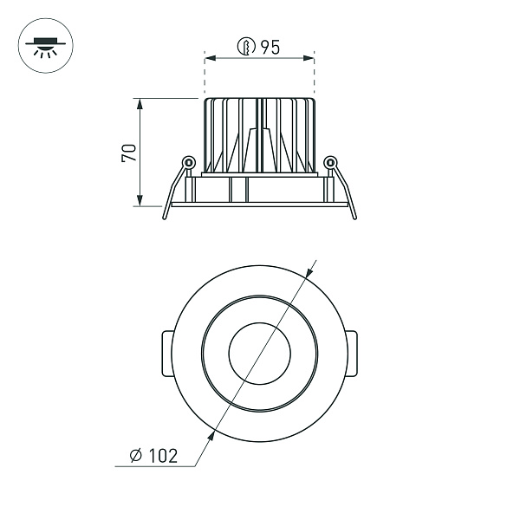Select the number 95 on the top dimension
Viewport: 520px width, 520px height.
coord(269,49)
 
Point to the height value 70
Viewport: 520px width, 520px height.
coord(128,153)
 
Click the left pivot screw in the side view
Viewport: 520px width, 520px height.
coord(187,162)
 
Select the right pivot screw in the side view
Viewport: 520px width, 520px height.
coord(329,162)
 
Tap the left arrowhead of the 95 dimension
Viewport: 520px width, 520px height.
coord(209,59)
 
